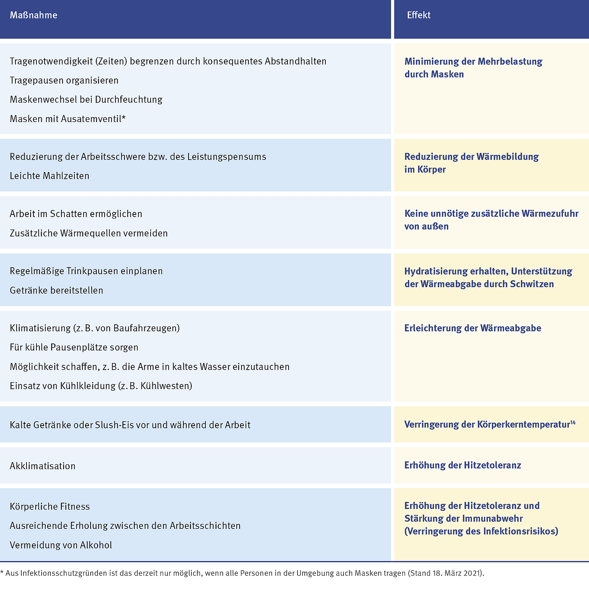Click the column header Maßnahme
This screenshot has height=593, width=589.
tap(33, 15)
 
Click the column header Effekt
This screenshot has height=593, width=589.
tap(419, 15)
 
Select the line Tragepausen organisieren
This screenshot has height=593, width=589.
tap(64, 80)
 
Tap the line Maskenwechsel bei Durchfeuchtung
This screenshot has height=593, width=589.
tap(86, 100)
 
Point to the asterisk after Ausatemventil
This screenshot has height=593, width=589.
tap(124, 118)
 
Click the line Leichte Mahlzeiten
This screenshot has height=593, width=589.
tap(50, 176)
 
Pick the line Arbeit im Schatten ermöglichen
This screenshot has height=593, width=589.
tap(76, 214)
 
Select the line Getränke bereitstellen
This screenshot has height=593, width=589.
tap(56, 290)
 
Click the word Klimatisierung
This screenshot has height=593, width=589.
tap(40, 328)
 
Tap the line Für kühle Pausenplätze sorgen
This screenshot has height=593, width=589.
tap(74, 347)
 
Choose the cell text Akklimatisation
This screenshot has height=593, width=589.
tap(43, 466)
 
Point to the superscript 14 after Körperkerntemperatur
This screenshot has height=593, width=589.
tap(573, 422)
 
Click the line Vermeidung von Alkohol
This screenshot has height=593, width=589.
tap(61, 545)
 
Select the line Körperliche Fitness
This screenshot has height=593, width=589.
tap(50, 506)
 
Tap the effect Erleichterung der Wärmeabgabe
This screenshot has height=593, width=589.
tap(473, 328)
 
